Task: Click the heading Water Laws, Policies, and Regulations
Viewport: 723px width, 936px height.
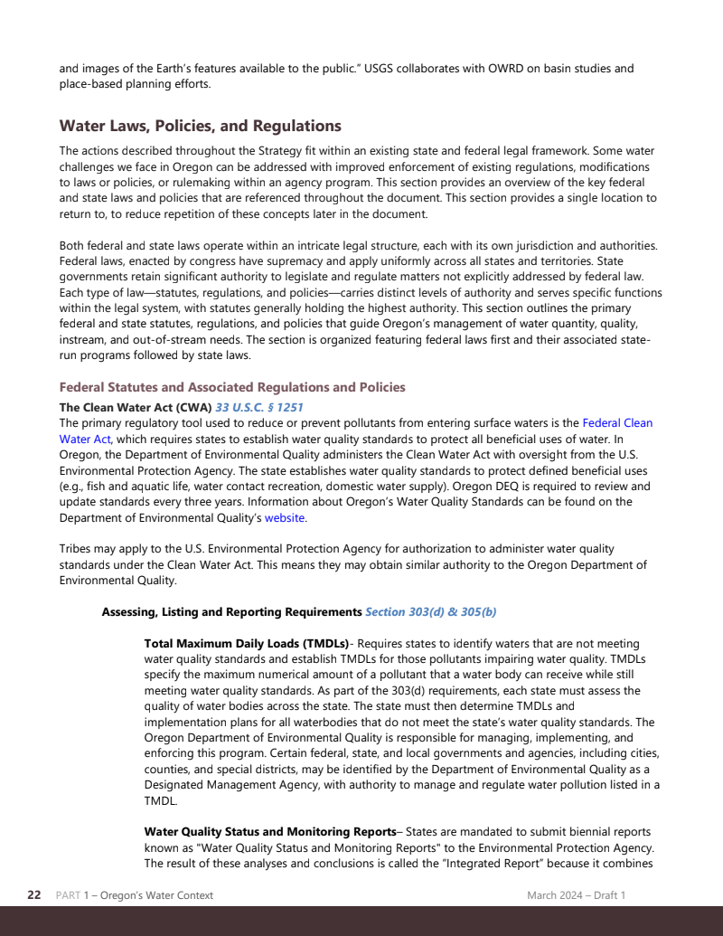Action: point(200,126)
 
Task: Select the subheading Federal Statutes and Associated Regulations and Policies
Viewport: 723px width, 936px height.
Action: point(232,387)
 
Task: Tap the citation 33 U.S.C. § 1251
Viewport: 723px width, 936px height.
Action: point(259,407)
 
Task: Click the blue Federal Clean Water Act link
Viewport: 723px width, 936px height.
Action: point(617,422)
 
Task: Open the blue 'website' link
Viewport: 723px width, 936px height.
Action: point(284,518)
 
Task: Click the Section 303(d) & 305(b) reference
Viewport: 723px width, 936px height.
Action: point(430,611)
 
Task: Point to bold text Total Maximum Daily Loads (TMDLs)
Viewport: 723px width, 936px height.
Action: point(246,643)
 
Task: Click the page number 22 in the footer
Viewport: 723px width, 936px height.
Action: point(34,895)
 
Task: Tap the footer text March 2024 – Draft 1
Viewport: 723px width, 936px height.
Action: point(577,895)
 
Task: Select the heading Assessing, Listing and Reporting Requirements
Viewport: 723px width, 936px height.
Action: point(231,611)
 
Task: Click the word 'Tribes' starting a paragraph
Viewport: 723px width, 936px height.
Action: point(76,549)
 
